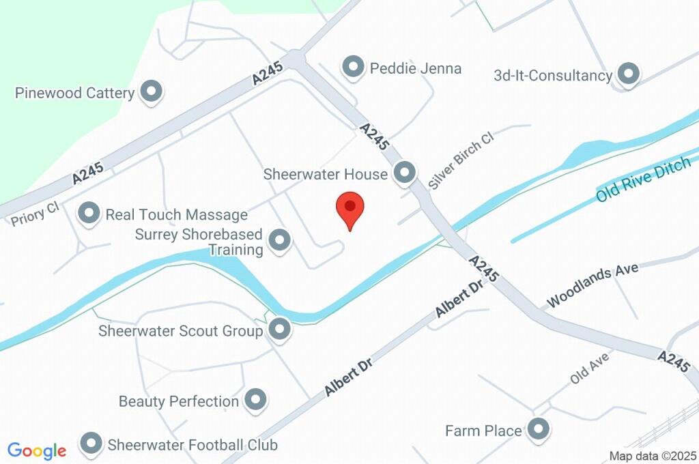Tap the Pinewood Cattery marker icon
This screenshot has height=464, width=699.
(151, 91)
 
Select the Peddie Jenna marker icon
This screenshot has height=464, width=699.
(353, 68)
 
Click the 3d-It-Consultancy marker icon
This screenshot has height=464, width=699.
(627, 74)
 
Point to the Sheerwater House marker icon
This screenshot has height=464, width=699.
(405, 173)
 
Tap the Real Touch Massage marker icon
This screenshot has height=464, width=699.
(89, 214)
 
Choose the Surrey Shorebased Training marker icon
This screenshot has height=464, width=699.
(279, 240)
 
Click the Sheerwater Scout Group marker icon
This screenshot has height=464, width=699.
(279, 330)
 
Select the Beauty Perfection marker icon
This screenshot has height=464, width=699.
(255, 400)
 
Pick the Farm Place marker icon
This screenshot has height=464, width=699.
(539, 430)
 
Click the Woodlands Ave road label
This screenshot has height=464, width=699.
(593, 282)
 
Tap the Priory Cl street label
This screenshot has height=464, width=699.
(35, 214)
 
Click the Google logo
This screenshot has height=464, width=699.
(37, 450)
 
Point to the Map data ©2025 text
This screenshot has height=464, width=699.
(653, 456)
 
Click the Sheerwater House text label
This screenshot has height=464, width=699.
(326, 174)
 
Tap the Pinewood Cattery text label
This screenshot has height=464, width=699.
(74, 93)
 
